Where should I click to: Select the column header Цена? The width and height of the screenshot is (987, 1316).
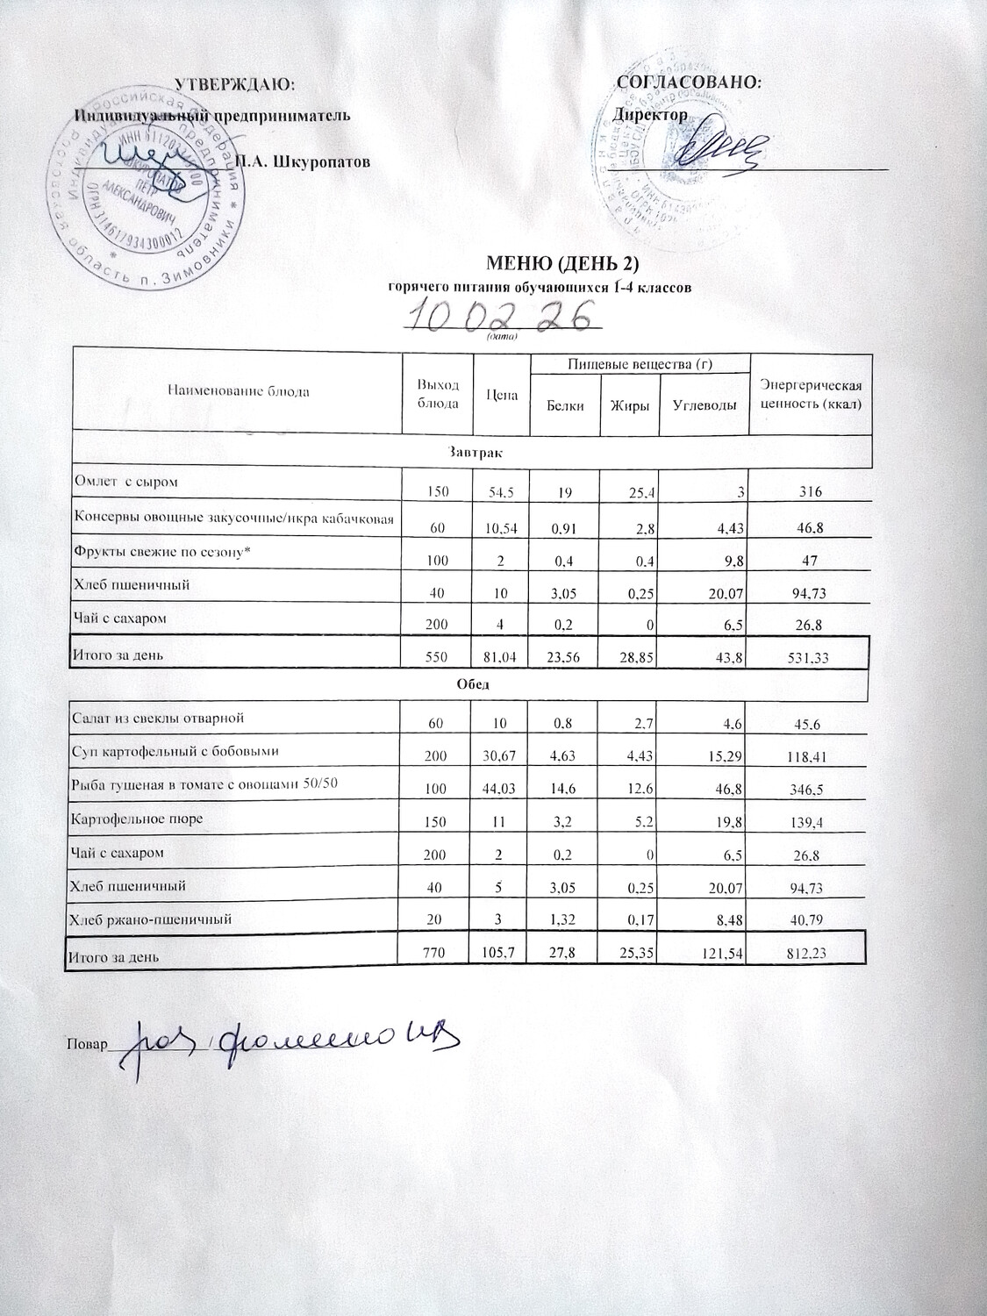tap(503, 394)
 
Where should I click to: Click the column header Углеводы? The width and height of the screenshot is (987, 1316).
tap(704, 405)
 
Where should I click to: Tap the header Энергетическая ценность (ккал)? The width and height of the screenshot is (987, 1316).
tap(811, 395)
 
